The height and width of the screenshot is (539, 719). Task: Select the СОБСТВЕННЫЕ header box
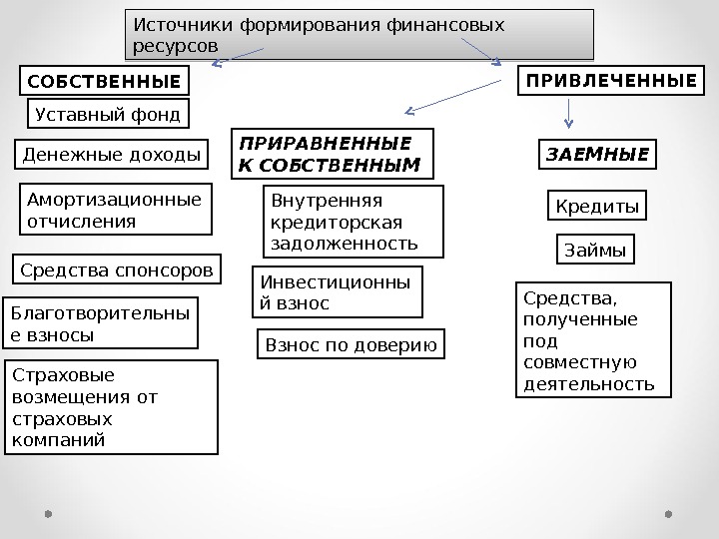pos(105,80)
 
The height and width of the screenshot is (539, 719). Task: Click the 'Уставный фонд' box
pos(108,114)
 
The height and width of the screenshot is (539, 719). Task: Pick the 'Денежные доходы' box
pos(112,155)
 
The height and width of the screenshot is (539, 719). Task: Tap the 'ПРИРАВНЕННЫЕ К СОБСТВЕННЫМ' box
pos(333,153)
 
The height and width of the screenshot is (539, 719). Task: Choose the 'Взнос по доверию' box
pos(352,345)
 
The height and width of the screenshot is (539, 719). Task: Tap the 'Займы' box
pos(594,250)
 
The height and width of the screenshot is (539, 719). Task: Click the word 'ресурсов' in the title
pos(173,46)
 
